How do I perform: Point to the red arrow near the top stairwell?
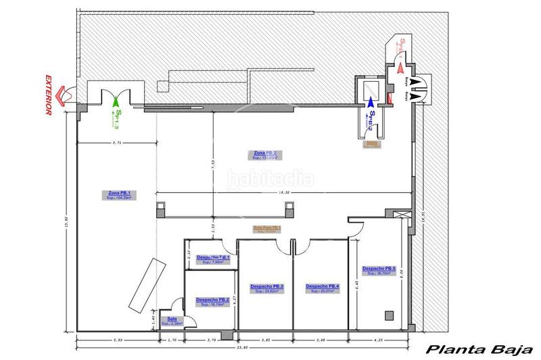point(399,68)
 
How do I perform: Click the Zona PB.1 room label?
point(118,194)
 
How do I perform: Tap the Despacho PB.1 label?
point(212,258)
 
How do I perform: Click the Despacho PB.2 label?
point(211,300)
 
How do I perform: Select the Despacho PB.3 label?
point(266,287)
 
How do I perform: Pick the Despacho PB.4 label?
point(322,287)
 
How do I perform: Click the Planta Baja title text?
point(475,350)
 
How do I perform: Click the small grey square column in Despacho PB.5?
point(388,315)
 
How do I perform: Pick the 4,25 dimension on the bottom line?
point(378,340)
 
